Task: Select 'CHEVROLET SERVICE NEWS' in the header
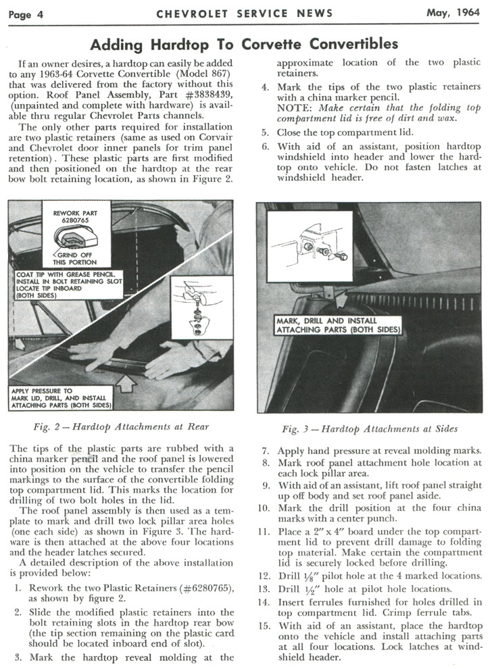(244, 14)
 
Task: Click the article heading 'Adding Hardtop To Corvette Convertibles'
(244, 45)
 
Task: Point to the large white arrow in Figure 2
(126, 382)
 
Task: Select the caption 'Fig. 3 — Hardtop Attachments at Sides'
(369, 428)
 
